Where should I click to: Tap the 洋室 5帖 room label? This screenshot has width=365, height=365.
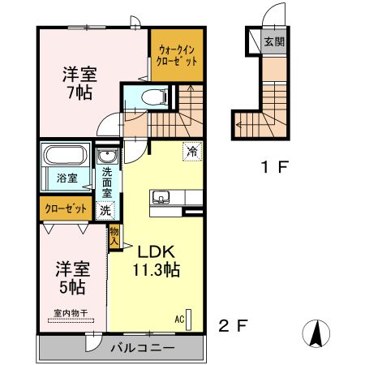point(71,277)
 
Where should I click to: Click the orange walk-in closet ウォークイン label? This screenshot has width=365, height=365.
point(176,55)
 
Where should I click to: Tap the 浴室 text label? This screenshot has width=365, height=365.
point(67,177)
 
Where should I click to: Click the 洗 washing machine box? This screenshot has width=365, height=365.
point(105,209)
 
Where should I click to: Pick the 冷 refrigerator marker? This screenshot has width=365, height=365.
point(192,150)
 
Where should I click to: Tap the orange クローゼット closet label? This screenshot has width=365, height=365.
point(66,208)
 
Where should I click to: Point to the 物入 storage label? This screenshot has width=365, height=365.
point(114,237)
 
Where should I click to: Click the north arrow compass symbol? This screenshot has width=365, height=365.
point(317,333)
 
